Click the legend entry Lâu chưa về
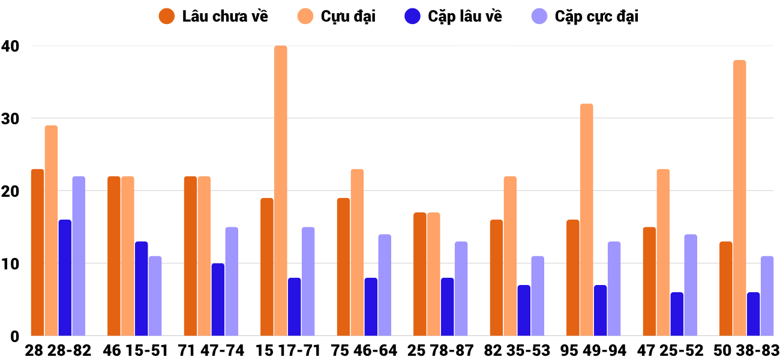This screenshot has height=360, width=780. pos(214,16)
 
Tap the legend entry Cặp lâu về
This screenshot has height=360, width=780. pos(453,16)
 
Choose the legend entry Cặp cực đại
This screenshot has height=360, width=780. pos(585,16)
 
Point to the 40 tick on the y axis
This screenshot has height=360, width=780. pos(10,46)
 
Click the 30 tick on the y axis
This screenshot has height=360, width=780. pos(10,118)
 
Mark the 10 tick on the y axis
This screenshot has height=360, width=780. pos(10,263)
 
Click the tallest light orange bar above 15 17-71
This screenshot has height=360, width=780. pos(281,191)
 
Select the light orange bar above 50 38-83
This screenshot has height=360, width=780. pos(739,198)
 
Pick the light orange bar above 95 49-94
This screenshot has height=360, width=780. pos(586,220)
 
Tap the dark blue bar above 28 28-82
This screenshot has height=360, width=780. pos(65,278)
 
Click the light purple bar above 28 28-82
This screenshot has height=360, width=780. pos(79,256)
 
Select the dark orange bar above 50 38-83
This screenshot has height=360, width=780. pos(725,289)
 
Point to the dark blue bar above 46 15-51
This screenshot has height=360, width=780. pos(141,289)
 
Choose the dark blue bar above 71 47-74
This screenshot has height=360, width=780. pos(218,299)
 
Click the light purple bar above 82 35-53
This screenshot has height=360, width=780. pos(538,296)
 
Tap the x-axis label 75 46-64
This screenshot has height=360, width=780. pos(364,350)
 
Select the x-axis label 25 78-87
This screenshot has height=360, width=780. pos(440,350)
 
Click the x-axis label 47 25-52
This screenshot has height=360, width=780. pos(670,350)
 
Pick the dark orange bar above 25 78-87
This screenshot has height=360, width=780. pos(420,274)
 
